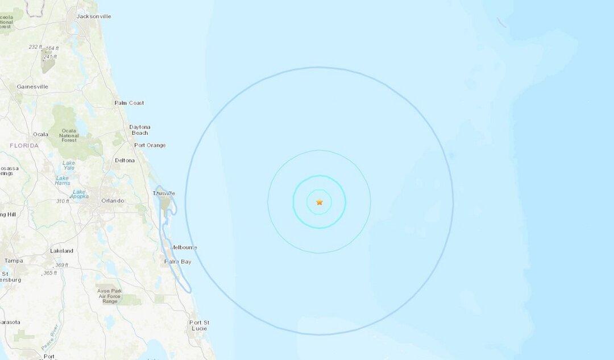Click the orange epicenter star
click(320, 202)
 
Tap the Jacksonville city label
click(94, 16)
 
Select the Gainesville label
click(32, 86)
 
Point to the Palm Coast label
click(129, 103)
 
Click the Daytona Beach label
click(139, 130)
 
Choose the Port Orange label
click(150, 145)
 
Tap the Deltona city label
click(125, 160)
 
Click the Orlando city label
click(113, 201)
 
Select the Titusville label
click(164, 193)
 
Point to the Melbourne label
click(184, 247)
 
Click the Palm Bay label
click(178, 262)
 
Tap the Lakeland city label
click(61, 251)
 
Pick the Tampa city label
click(14, 260)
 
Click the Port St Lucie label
click(199, 325)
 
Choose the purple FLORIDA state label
click(24, 146)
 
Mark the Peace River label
click(50, 337)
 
